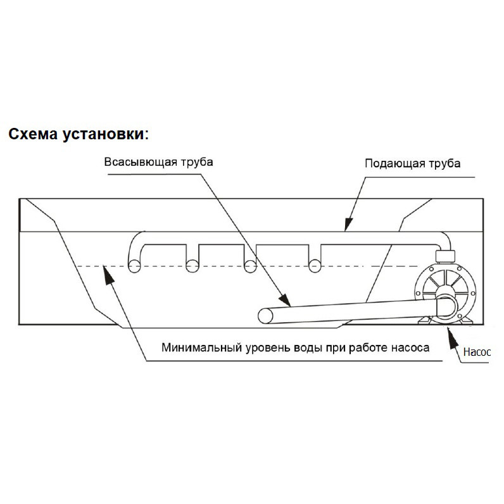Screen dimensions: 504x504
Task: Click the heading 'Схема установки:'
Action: click(79, 134)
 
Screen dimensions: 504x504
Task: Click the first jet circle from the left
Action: click(134, 267)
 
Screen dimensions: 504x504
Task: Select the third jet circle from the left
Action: click(251, 267)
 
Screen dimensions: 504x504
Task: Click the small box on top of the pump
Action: click(444, 256)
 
